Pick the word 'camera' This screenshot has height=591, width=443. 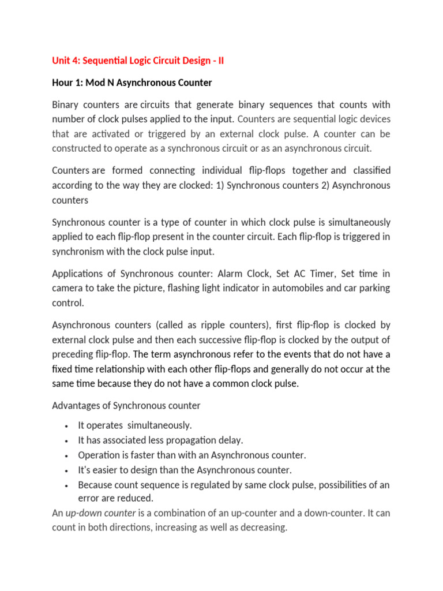(x=68, y=288)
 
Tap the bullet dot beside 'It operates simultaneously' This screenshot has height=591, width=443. (x=67, y=426)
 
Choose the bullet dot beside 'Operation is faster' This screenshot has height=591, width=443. (x=67, y=454)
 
